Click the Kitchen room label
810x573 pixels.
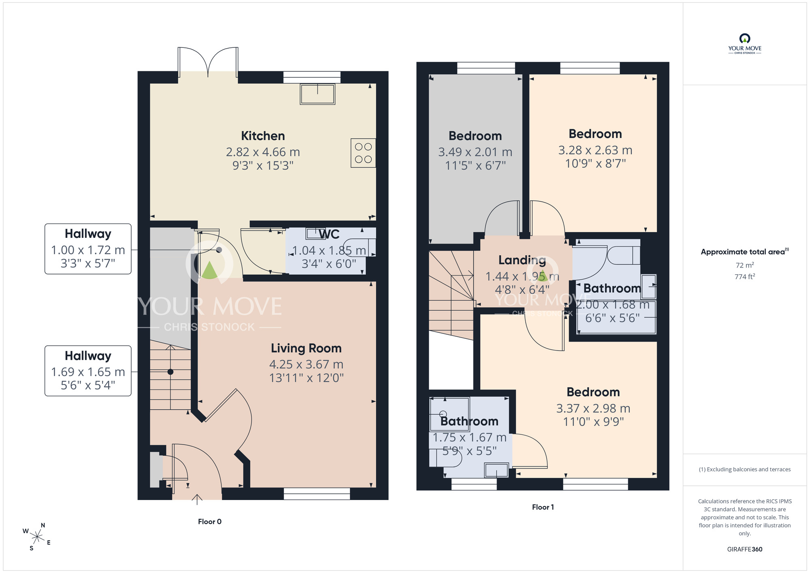pyautogui.click(x=263, y=136)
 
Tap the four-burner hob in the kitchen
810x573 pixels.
pyautogui.click(x=363, y=153)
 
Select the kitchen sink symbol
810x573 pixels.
pyautogui.click(x=318, y=94)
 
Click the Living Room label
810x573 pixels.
pyautogui.click(x=306, y=348)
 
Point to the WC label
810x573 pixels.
pyautogui.click(x=329, y=234)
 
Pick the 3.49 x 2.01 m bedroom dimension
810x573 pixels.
pyautogui.click(x=475, y=152)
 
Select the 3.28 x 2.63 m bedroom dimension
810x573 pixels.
pyautogui.click(x=595, y=150)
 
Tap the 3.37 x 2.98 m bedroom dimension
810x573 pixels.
pyautogui.click(x=593, y=408)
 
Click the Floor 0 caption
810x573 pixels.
pyautogui.click(x=210, y=522)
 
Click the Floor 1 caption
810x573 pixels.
pyautogui.click(x=543, y=507)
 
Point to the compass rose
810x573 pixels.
pyautogui.click(x=37, y=537)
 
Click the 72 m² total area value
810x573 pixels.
pyautogui.click(x=745, y=265)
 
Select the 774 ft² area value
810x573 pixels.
pyautogui.click(x=745, y=277)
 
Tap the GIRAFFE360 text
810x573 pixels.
pyautogui.click(x=745, y=549)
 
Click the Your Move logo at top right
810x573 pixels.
pyautogui.click(x=745, y=44)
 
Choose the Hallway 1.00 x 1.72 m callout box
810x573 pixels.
pyautogui.click(x=88, y=249)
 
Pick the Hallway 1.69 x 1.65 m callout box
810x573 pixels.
pyautogui.click(x=88, y=371)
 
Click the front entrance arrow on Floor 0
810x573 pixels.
pyautogui.click(x=197, y=500)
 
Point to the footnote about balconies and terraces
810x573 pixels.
pyautogui.click(x=745, y=469)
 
